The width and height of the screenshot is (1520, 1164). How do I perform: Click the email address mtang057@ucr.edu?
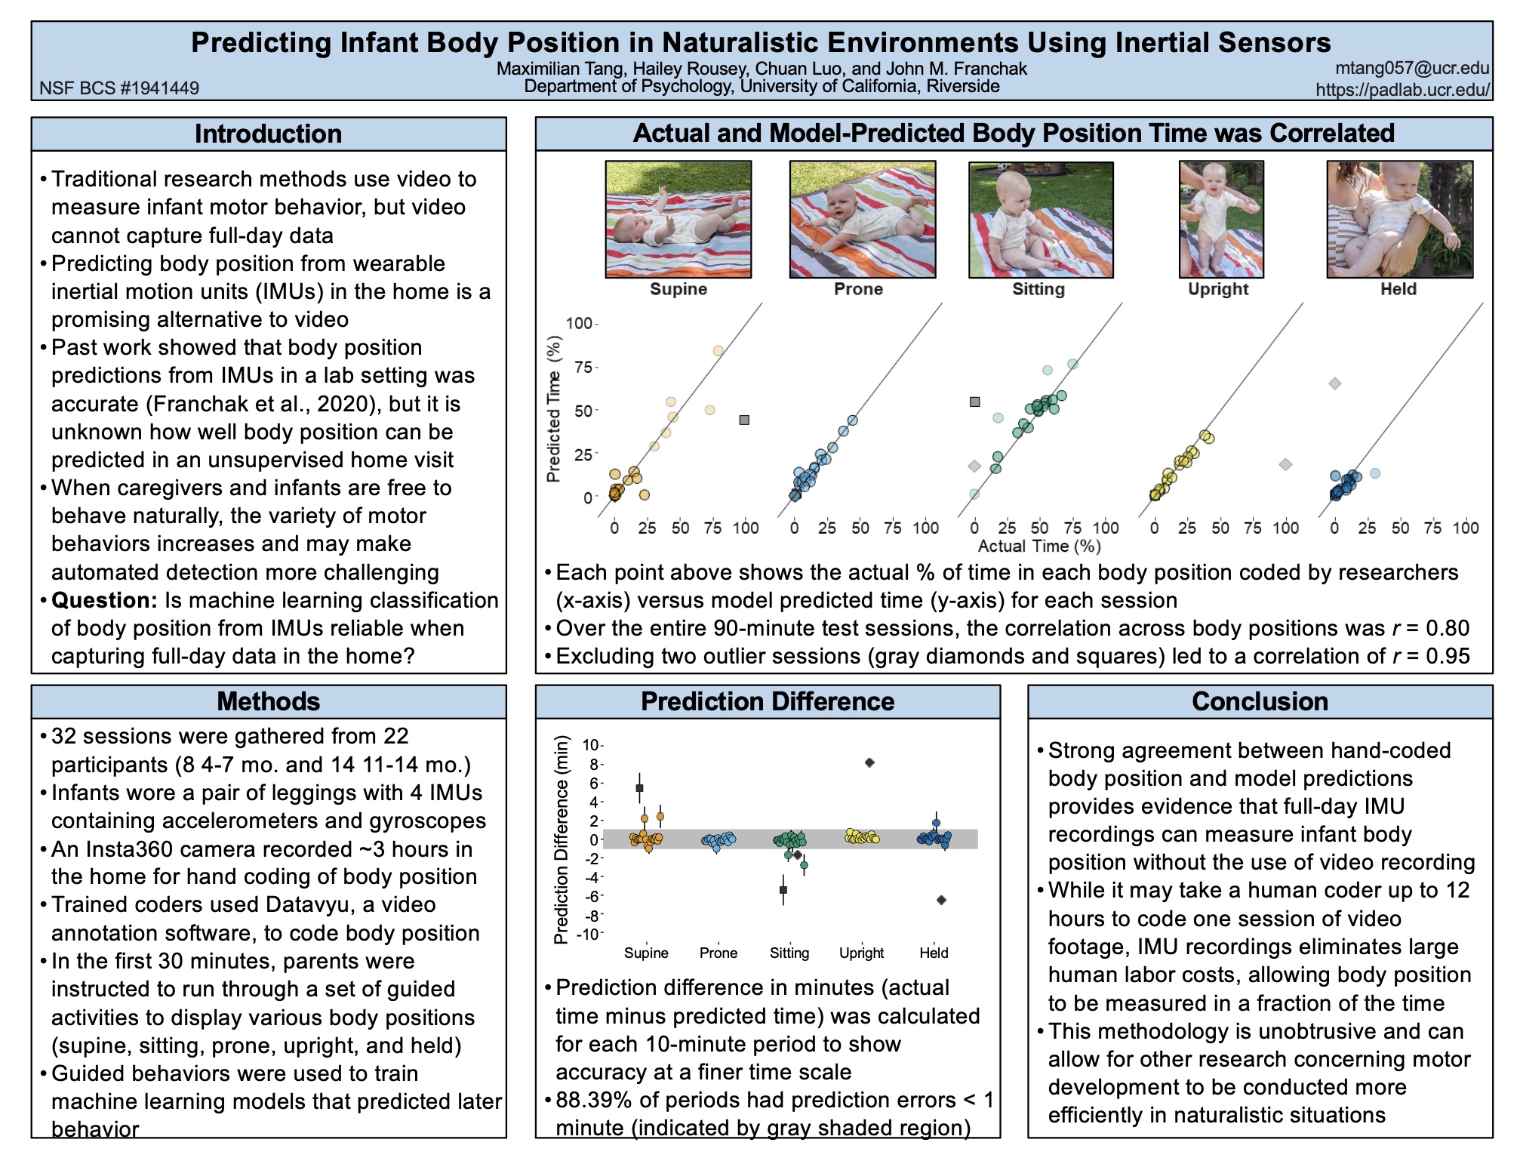tap(1411, 68)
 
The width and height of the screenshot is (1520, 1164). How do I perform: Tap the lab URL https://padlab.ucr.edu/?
tap(1402, 90)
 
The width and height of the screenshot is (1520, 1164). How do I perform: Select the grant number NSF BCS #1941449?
tap(119, 88)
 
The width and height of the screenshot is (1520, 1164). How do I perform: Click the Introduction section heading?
tap(268, 134)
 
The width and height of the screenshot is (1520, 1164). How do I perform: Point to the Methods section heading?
tap(268, 701)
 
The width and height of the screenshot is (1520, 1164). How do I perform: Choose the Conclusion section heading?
tap(1260, 701)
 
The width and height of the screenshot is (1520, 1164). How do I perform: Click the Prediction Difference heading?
tap(768, 701)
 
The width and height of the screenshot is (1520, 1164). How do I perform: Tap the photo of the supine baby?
tap(678, 219)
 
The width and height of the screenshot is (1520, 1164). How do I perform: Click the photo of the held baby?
tap(1400, 219)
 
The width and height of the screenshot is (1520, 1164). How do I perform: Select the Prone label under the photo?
tap(858, 289)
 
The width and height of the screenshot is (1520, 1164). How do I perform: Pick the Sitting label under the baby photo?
tap(1038, 289)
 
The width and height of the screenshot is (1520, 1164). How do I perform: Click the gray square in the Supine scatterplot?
tap(744, 420)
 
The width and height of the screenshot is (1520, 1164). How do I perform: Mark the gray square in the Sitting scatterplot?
tap(974, 402)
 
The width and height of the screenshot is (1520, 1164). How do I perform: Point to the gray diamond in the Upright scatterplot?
tap(1285, 464)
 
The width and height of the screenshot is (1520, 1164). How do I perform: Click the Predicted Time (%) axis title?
tap(554, 408)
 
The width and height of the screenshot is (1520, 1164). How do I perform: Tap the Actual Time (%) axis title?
tap(1039, 547)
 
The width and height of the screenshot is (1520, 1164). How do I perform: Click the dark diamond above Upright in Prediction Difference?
tap(869, 762)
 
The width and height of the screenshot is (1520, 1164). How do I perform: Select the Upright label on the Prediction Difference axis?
tap(861, 953)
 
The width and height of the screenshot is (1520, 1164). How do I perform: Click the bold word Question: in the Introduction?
tap(104, 600)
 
